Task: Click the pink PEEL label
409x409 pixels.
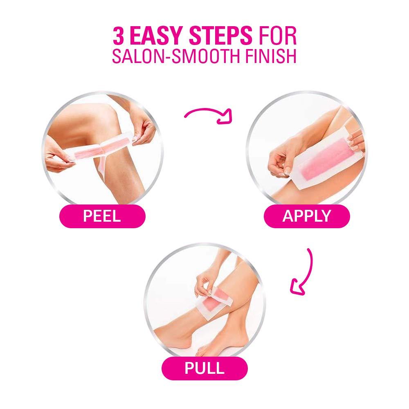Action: click(102, 216)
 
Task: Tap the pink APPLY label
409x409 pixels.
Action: click(306, 216)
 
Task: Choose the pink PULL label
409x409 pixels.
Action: click(204, 367)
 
